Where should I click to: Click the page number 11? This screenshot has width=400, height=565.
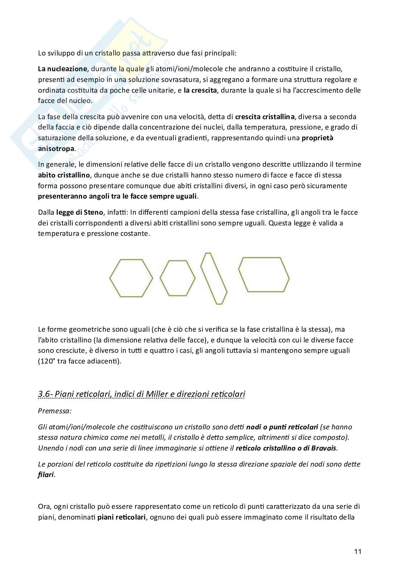click(x=357, y=551)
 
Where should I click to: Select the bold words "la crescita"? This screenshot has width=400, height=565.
click(x=200, y=90)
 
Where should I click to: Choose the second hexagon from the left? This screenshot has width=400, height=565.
click(x=177, y=278)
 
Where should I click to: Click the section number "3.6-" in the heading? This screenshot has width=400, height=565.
click(x=46, y=394)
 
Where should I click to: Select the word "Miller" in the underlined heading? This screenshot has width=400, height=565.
click(x=158, y=394)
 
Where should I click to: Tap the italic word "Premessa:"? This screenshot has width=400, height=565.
click(x=54, y=411)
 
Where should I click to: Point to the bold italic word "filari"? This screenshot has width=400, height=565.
click(x=46, y=475)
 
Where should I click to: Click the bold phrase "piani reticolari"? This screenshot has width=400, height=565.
click(x=121, y=517)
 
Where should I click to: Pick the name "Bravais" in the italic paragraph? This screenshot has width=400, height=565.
click(x=325, y=448)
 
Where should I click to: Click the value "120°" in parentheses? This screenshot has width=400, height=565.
click(x=47, y=361)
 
